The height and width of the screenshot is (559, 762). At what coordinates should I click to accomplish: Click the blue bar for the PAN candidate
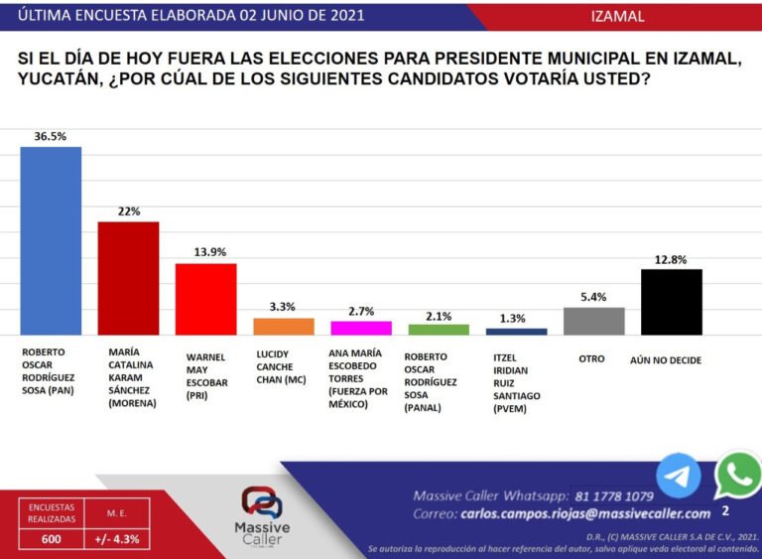tap(51, 240)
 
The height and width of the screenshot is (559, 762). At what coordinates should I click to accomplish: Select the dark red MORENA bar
tap(128, 278)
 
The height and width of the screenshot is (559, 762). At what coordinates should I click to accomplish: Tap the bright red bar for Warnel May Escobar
tap(205, 299)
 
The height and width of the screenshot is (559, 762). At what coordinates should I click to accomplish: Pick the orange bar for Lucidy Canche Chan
tap(284, 326)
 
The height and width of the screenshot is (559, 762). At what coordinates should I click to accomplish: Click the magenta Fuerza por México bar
tap(361, 328)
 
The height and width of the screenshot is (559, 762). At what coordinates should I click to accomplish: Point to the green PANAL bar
tap(439, 329)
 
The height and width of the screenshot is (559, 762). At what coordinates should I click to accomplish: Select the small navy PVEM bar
tap(516, 331)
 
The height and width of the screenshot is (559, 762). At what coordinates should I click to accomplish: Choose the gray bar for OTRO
tap(593, 321)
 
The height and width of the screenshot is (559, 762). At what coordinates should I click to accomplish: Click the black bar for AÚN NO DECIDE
tap(672, 302)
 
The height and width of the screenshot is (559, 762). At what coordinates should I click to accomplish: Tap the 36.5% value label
tap(50, 137)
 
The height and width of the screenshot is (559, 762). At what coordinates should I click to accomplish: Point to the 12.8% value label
tap(672, 259)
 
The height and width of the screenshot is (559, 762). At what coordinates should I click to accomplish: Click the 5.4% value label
tap(593, 297)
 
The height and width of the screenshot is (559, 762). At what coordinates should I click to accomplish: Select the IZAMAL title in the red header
tap(617, 16)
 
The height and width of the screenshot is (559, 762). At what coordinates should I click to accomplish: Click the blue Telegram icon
tap(679, 475)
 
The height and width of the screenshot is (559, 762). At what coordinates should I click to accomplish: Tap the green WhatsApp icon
tap(738, 476)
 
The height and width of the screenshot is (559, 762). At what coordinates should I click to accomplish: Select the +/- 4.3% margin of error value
tap(117, 539)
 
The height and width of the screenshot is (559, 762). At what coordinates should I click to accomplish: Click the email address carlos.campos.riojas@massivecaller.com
tap(585, 513)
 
